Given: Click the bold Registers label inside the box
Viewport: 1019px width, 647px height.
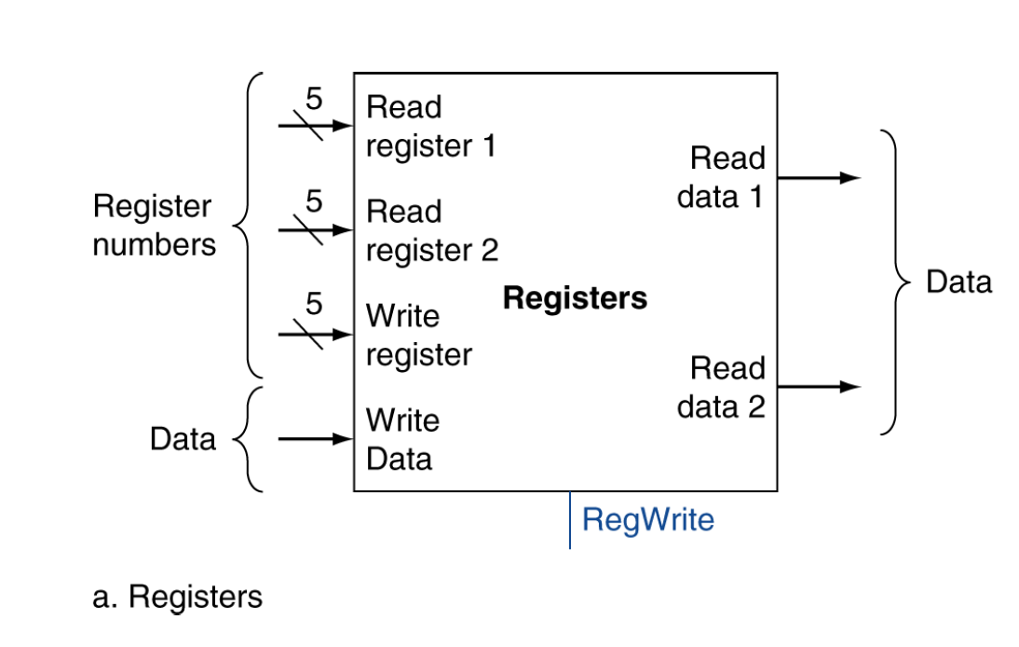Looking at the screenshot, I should (x=574, y=298).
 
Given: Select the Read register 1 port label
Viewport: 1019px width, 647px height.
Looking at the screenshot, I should (x=430, y=127).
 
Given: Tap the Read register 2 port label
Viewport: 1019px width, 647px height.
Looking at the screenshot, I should (x=431, y=231).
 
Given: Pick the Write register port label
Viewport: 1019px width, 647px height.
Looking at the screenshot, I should (x=418, y=336).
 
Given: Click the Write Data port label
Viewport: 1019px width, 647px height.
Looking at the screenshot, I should (x=402, y=440).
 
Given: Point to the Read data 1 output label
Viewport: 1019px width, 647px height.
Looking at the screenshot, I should (x=721, y=177).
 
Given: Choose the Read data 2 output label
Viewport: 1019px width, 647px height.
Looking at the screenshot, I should (x=721, y=387).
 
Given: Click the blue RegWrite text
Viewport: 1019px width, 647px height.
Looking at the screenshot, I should (x=647, y=519).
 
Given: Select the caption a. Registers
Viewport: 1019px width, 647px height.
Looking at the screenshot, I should (x=177, y=597).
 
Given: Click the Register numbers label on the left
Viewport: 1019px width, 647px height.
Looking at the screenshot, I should (x=154, y=226).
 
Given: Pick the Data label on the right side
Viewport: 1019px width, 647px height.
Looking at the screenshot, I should (x=958, y=282).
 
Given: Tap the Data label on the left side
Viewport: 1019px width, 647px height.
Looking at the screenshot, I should (x=183, y=438).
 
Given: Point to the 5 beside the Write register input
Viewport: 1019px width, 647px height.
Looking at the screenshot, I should (x=314, y=304).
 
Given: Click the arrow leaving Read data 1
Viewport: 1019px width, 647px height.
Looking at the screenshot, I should (x=818, y=177).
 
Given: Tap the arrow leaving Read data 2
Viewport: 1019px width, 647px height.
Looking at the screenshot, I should (x=818, y=387).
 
